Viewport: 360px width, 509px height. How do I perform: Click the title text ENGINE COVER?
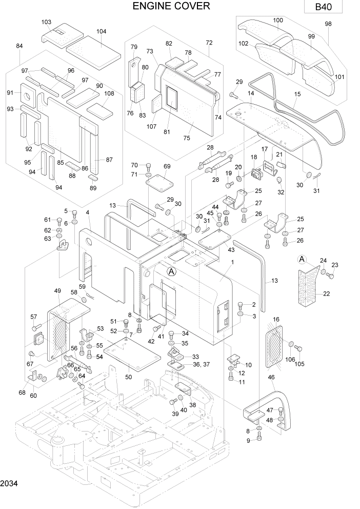[171, 6]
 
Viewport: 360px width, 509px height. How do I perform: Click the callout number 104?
[101, 31]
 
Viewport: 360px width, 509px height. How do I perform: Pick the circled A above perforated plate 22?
[302, 260]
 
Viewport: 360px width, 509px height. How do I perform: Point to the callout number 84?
[19, 46]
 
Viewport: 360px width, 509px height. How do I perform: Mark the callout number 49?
[57, 291]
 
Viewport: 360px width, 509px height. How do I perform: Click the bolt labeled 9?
[259, 436]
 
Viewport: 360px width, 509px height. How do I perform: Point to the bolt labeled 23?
[331, 276]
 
